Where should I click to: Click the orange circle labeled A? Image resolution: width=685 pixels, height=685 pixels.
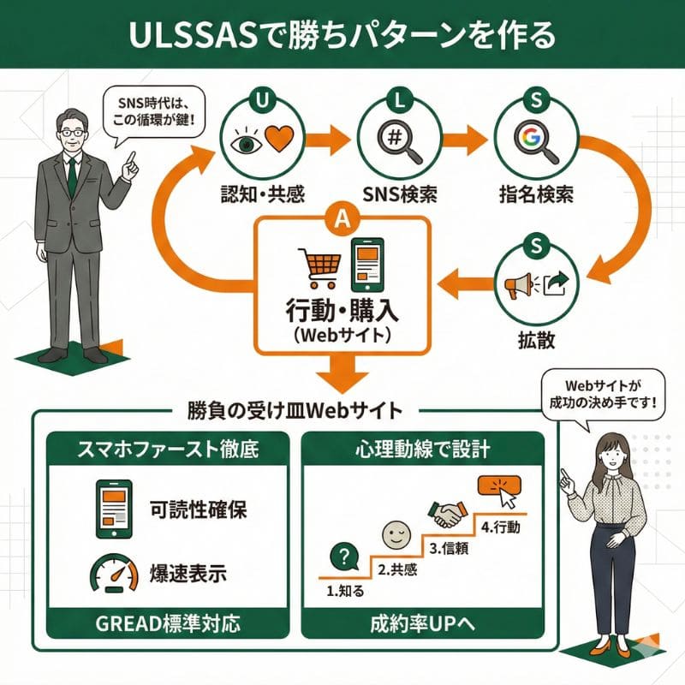click(x=342, y=221)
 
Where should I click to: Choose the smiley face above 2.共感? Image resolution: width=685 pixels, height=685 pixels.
click(x=394, y=538)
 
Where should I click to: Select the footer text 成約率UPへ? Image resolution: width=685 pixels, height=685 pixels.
click(x=422, y=623)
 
